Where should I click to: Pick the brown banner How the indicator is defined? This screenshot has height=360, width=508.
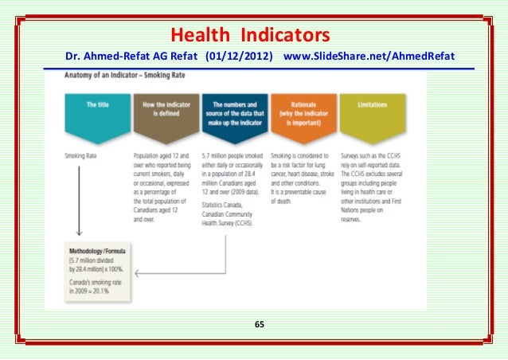166,108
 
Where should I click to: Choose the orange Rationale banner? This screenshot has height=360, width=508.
303,108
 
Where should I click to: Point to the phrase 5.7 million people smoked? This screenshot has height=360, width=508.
233,156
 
